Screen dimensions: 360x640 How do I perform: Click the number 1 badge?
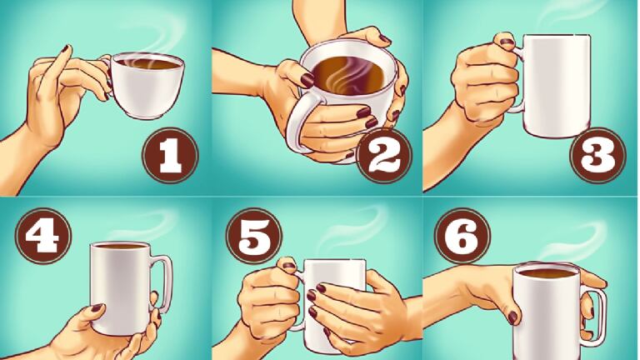(170, 156)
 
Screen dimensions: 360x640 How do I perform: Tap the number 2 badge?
(384, 156)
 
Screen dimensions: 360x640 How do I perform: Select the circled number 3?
(597, 156)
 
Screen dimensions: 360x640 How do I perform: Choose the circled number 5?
(253, 235)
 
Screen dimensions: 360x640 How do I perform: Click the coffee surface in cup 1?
(147, 62)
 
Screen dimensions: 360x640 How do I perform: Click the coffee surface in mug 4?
(120, 246)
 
